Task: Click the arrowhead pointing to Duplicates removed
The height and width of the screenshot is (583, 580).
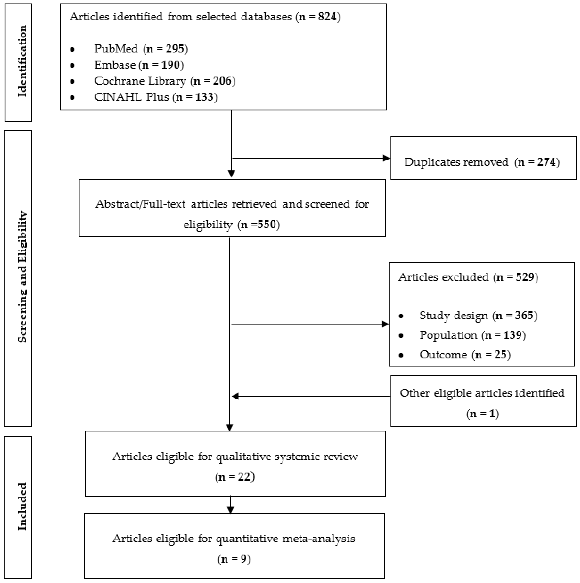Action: tap(386, 158)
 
